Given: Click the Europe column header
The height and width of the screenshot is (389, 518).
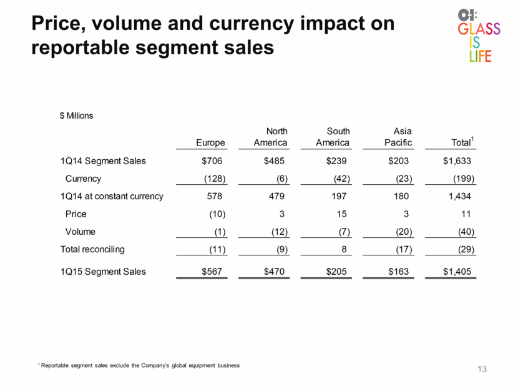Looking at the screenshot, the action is pos(210,142).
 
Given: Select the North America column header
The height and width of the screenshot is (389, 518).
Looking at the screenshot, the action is pos(271,137).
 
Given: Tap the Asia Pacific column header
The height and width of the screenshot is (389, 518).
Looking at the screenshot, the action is pos(398,137).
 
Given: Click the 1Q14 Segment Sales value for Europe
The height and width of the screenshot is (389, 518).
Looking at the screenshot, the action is pos(212,161).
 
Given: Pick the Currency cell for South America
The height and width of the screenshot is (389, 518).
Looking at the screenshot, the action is pos(341,179).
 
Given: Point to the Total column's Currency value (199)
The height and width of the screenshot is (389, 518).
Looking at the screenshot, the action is pos(464,179).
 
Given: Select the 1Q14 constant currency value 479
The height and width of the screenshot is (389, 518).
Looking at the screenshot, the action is pos(276,196).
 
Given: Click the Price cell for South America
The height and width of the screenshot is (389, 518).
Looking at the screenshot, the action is pos(341,214).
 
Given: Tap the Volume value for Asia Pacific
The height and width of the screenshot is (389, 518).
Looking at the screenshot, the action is pos(404,232).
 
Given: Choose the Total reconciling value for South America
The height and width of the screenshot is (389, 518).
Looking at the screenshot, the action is pos(344,249).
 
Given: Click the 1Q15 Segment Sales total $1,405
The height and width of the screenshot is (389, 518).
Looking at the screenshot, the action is pos(457,272).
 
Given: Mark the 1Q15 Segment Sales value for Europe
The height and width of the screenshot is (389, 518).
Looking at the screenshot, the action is pos(212,272).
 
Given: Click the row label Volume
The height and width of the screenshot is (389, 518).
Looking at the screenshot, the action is pos(81,232).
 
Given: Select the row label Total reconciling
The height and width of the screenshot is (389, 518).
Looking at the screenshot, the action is pos(92,250).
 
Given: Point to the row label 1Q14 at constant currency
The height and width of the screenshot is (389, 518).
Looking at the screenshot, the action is pos(112,196).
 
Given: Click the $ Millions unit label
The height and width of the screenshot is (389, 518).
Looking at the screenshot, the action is pos(76,116).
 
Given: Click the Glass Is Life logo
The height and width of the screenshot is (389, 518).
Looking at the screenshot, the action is pos(479,36).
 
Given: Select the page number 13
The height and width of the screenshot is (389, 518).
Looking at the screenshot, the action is pos(482,369).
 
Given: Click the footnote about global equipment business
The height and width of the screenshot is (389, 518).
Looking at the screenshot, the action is pos(139,365).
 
